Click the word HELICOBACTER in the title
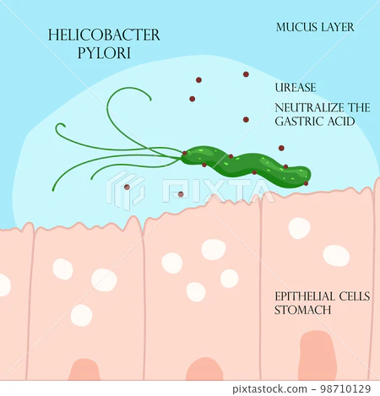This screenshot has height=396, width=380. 104,35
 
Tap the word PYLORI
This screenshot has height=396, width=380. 104,53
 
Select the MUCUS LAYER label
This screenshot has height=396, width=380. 315,27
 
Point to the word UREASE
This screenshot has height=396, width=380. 296,88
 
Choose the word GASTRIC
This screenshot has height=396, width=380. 299,122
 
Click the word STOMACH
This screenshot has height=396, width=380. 302,310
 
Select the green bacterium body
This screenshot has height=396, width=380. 246,165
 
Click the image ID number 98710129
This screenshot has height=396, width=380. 345,389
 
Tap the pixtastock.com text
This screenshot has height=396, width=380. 269,389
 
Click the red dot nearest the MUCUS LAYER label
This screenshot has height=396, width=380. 246,74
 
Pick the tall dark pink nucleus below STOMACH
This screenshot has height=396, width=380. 318,355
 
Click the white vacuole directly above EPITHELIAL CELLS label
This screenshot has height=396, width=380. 336,256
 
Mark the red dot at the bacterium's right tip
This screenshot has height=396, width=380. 306,183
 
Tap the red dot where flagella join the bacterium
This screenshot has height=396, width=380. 184,153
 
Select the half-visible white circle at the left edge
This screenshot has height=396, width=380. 4,285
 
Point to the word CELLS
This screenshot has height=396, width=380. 355,296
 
